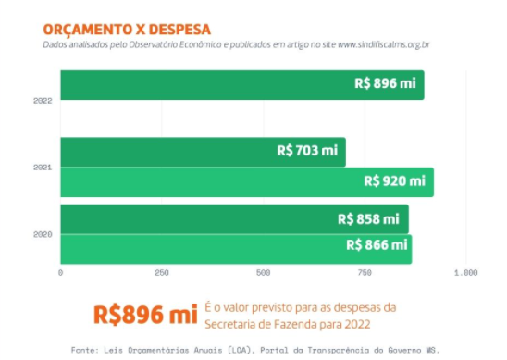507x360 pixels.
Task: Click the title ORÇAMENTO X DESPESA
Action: (114, 29)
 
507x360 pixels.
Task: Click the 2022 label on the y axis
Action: (43, 99)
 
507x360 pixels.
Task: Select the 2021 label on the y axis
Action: (43, 168)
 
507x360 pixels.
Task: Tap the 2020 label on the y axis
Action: (43, 235)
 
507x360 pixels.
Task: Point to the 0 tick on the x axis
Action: (60, 273)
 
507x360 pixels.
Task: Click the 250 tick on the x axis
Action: (162, 273)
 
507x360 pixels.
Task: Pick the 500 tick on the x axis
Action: (263, 273)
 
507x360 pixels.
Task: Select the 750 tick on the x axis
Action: (365, 273)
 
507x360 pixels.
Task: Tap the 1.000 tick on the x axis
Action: (464, 273)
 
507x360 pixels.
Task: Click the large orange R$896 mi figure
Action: (145, 314)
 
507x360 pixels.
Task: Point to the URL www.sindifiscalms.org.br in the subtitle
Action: (390, 44)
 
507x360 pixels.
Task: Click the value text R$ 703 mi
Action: (307, 150)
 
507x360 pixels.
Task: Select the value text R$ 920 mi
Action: (394, 180)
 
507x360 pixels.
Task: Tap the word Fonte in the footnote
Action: (85, 350)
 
